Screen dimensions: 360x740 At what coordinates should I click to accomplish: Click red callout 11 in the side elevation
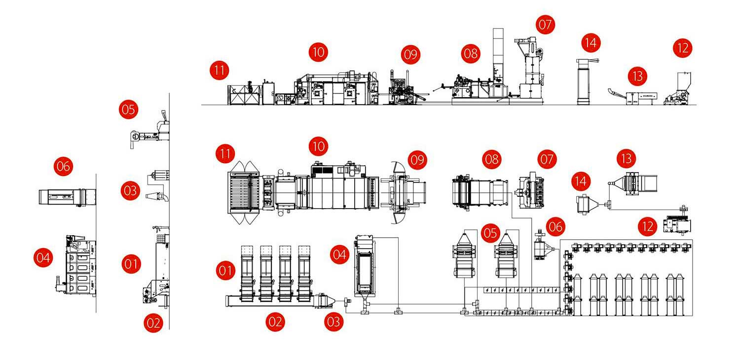pyautogui.click(x=219, y=70)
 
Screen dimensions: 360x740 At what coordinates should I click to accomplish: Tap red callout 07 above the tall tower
pyautogui.click(x=546, y=25)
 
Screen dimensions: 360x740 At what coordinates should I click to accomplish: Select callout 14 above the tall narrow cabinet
pyautogui.click(x=591, y=42)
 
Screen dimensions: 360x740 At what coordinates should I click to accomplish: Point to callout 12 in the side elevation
pyautogui.click(x=683, y=48)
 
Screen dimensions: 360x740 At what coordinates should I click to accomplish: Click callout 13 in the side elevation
pyautogui.click(x=638, y=76)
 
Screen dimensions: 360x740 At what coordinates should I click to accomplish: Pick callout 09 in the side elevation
pyautogui.click(x=410, y=54)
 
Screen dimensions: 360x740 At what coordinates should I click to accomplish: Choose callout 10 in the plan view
pyautogui.click(x=319, y=146)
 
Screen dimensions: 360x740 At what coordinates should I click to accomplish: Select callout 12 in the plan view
pyautogui.click(x=648, y=226)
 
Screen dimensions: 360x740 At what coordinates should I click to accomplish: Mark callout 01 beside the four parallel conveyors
pyautogui.click(x=225, y=270)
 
